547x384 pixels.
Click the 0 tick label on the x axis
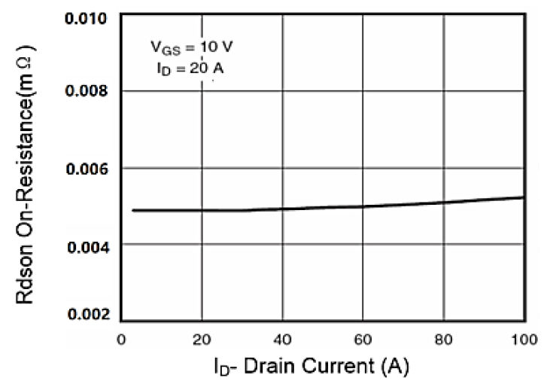click(120, 339)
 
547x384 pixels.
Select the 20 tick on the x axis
click(201, 339)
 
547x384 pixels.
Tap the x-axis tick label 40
click(282, 339)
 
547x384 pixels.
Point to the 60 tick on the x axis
click(363, 339)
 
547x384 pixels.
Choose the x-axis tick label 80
click(444, 339)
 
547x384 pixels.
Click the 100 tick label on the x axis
click(522, 339)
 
